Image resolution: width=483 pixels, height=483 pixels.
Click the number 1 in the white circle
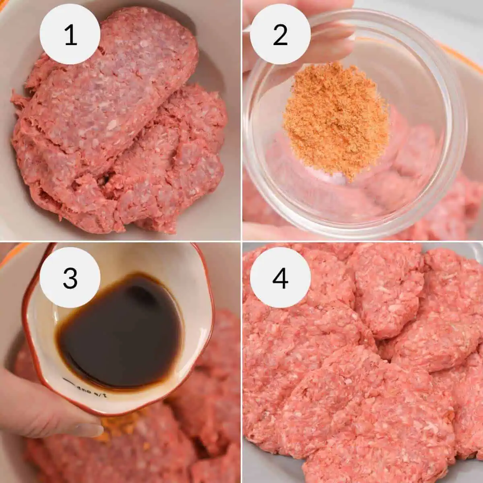pyautogui.click(x=70, y=35)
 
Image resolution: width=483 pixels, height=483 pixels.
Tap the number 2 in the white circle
pyautogui.click(x=280, y=35)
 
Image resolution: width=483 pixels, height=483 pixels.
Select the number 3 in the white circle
pyautogui.click(x=70, y=278)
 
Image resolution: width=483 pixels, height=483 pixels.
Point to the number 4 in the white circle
pyautogui.click(x=280, y=278)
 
